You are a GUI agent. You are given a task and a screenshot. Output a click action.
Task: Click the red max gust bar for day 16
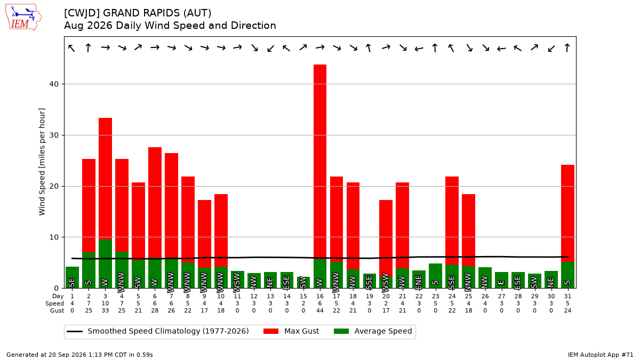point(319,162)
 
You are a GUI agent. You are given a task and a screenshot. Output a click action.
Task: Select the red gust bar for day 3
point(105,179)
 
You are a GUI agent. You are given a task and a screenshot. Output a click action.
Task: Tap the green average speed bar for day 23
point(435,276)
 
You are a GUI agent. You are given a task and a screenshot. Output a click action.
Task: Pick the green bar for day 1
point(72,277)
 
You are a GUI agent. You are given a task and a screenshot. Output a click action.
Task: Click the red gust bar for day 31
point(567,213)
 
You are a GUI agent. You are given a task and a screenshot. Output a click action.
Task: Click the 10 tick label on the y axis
point(54,237)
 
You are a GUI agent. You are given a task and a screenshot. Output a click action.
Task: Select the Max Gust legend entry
point(291,331)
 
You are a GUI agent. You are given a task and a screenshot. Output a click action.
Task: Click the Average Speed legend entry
point(373,331)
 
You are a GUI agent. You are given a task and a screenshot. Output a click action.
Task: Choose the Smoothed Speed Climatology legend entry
point(158,331)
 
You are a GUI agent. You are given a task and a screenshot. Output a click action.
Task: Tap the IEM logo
point(23,18)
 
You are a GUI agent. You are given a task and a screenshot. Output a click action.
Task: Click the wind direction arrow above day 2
point(89,47)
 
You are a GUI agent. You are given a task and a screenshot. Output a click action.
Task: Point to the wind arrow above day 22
point(419,49)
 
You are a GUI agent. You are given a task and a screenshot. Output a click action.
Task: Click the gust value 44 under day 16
point(319,310)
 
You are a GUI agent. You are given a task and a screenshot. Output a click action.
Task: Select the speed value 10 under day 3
point(105,303)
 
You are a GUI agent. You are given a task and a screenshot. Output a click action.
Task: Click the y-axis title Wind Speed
point(42,162)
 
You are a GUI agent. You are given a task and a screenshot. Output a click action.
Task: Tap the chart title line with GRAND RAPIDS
point(138,13)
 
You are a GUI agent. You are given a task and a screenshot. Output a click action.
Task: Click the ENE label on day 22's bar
point(418,281)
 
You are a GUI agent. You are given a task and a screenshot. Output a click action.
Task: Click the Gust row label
point(57,310)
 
